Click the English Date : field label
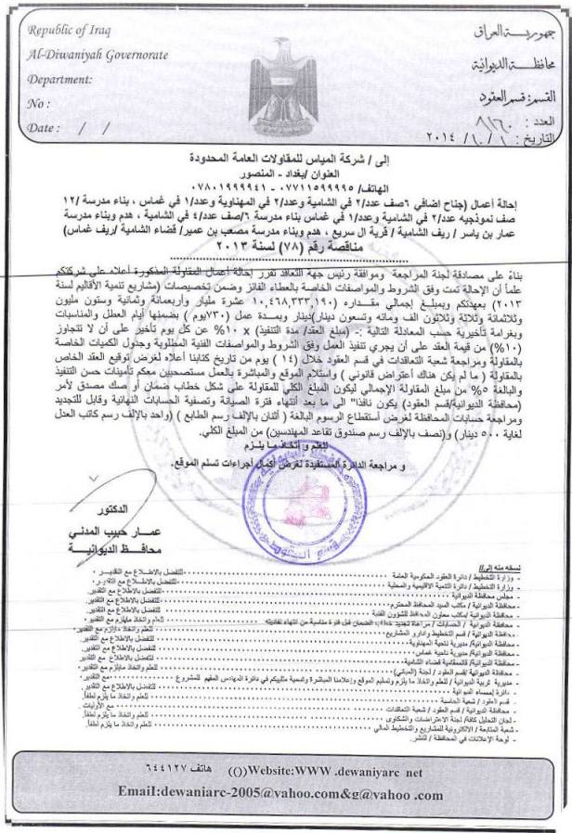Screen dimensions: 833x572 tap(42, 127)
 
